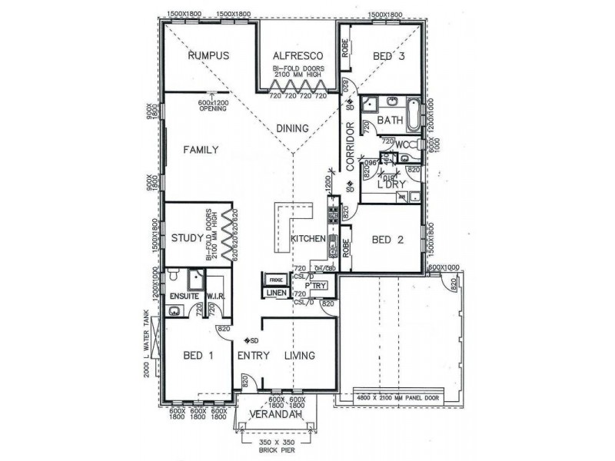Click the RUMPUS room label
tap(209, 56)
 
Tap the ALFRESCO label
tap(296, 56)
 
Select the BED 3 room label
tap(389, 56)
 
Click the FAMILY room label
tap(201, 150)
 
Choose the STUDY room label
tap(187, 237)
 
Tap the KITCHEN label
tap(307, 240)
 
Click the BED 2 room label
tap(388, 240)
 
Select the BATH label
tap(390, 120)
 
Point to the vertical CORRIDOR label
tap(350, 148)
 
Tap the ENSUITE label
tap(184, 296)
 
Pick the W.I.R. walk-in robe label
tap(215, 296)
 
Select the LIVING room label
tap(300, 355)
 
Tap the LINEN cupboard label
tap(277, 293)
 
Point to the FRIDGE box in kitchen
tap(276, 280)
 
